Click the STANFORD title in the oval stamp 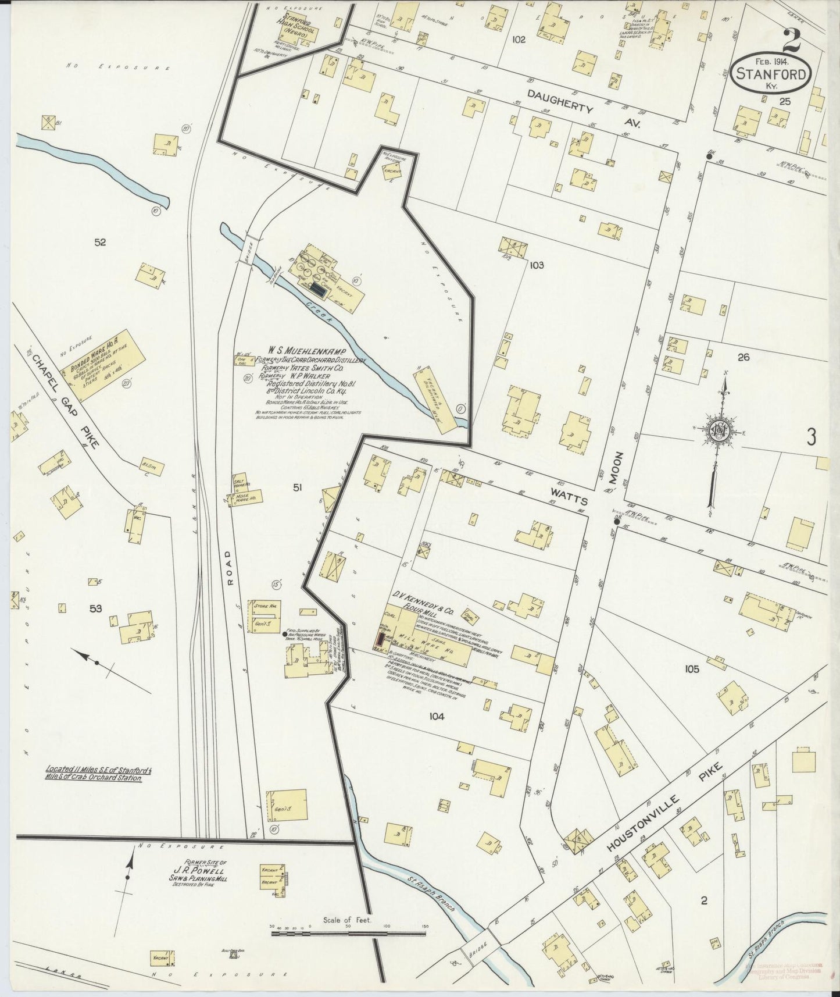pyautogui.click(x=771, y=74)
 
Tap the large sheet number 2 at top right pyautogui.click(x=792, y=40)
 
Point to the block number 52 pyautogui.click(x=100, y=242)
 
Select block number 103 pyautogui.click(x=536, y=265)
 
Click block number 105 pyautogui.click(x=691, y=670)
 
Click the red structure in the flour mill pyautogui.click(x=379, y=640)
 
